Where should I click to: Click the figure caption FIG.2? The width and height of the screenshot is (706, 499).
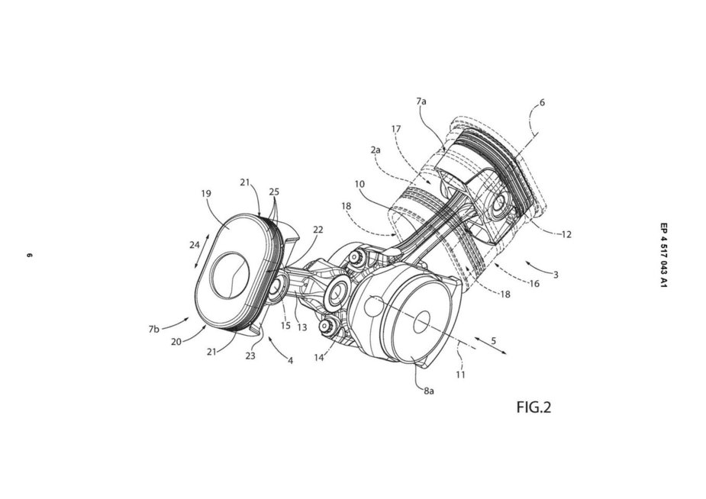pos(534,407)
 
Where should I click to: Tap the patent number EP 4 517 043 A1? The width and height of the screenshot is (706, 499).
pos(664,255)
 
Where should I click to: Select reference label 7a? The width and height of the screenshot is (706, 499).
pos(421,101)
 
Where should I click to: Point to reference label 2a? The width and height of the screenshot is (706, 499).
pos(376,150)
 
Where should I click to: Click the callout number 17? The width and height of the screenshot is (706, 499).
pos(396,129)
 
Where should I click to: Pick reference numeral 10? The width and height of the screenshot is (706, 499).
pos(359,184)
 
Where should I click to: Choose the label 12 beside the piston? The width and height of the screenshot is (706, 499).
pos(566,234)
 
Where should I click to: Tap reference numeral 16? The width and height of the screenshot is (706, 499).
pos(534,284)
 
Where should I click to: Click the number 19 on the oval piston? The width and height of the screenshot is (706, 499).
pos(206,194)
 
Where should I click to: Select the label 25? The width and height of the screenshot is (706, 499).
pos(274,192)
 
